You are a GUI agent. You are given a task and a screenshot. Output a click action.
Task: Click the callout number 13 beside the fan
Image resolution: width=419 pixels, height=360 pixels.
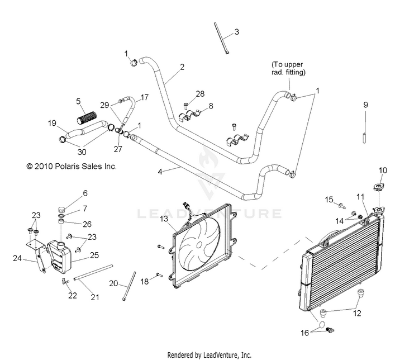pyautogui.click(x=164, y=219)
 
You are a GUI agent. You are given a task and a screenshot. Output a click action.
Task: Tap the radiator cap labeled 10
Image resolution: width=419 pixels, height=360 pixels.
pyautogui.click(x=379, y=187)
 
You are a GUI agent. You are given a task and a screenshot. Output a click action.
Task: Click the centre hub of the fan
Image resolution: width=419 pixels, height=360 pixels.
pyautogui.click(x=199, y=245)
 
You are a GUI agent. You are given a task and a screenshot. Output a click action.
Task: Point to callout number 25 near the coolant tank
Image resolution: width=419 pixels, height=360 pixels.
pyautogui.click(x=94, y=255)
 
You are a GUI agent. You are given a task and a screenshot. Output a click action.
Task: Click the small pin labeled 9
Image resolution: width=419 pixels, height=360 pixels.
pyautogui.click(x=364, y=138)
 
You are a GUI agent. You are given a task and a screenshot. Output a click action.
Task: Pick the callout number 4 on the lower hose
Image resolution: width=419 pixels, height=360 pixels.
pyautogui.click(x=160, y=172)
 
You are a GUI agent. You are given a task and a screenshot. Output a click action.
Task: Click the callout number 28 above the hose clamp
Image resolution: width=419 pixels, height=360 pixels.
pyautogui.click(x=200, y=93)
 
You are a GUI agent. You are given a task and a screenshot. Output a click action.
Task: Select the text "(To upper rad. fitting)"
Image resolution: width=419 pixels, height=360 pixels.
pyautogui.click(x=288, y=68)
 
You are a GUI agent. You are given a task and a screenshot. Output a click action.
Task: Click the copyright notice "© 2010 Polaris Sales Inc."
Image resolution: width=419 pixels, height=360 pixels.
pyautogui.click(x=72, y=167)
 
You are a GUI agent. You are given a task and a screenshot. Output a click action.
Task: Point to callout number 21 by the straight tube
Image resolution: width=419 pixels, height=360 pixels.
pyautogui.click(x=95, y=297)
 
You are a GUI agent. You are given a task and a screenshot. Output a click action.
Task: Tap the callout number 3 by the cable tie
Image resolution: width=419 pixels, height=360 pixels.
pyautogui.click(x=236, y=32)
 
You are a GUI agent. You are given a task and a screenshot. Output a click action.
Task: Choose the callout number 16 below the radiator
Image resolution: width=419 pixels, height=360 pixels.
pyautogui.click(x=304, y=333)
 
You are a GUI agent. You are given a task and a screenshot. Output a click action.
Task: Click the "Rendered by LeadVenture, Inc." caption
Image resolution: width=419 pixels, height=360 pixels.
pyautogui.click(x=209, y=355)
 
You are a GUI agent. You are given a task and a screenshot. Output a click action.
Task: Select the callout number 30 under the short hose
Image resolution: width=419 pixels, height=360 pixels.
pyautogui.click(x=82, y=152)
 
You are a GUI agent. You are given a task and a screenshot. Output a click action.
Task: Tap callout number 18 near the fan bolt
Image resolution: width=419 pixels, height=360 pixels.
pyautogui.click(x=145, y=281)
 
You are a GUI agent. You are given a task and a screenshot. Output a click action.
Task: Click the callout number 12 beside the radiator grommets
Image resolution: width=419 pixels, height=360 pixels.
pyautogui.click(x=357, y=313)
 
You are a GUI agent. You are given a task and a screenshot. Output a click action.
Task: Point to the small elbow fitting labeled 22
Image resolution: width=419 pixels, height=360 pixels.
pyautogui.click(x=64, y=281)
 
